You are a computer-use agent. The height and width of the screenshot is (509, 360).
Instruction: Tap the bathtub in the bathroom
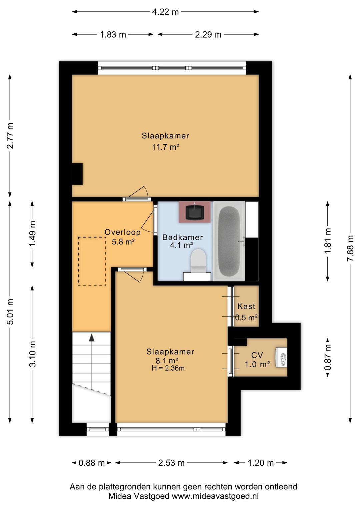(x=229, y=241)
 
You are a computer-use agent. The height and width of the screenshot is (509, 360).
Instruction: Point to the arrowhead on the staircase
(x=92, y=338)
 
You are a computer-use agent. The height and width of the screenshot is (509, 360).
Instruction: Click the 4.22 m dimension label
(x=165, y=12)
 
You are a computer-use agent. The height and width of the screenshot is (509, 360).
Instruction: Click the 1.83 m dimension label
(x=113, y=35)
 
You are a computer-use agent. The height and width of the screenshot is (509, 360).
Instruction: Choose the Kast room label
(x=246, y=307)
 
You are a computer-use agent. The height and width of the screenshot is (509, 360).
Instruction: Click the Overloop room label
(x=122, y=232)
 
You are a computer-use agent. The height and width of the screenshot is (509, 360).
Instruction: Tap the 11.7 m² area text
(x=165, y=147)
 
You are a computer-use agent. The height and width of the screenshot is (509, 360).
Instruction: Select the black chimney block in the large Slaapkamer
(x=77, y=174)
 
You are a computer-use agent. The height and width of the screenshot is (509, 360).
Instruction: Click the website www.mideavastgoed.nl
(x=215, y=496)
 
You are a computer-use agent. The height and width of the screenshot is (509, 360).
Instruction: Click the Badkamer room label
(x=182, y=237)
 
